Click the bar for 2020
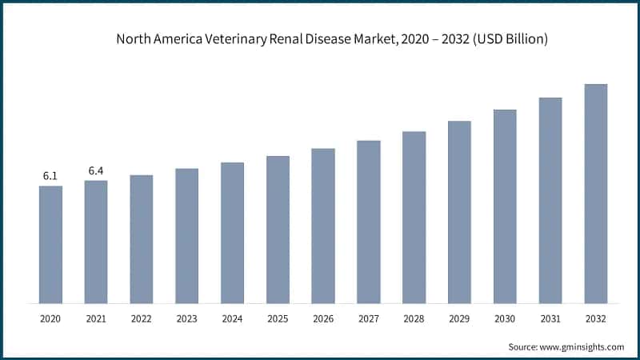click(x=50, y=244)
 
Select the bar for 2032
click(x=596, y=194)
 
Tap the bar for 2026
click(x=323, y=226)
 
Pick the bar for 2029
click(x=459, y=212)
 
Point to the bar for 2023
click(x=186, y=236)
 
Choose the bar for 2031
click(x=550, y=200)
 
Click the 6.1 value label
click(x=50, y=176)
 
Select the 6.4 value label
click(x=96, y=170)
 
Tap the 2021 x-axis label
click(x=96, y=318)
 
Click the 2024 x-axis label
click(x=232, y=318)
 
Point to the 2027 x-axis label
click(x=368, y=318)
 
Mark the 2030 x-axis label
click(x=505, y=318)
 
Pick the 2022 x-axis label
click(x=141, y=318)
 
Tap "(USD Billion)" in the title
click(x=509, y=39)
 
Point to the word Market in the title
click(x=365, y=39)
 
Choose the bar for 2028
click(x=414, y=217)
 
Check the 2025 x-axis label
click(x=278, y=318)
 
